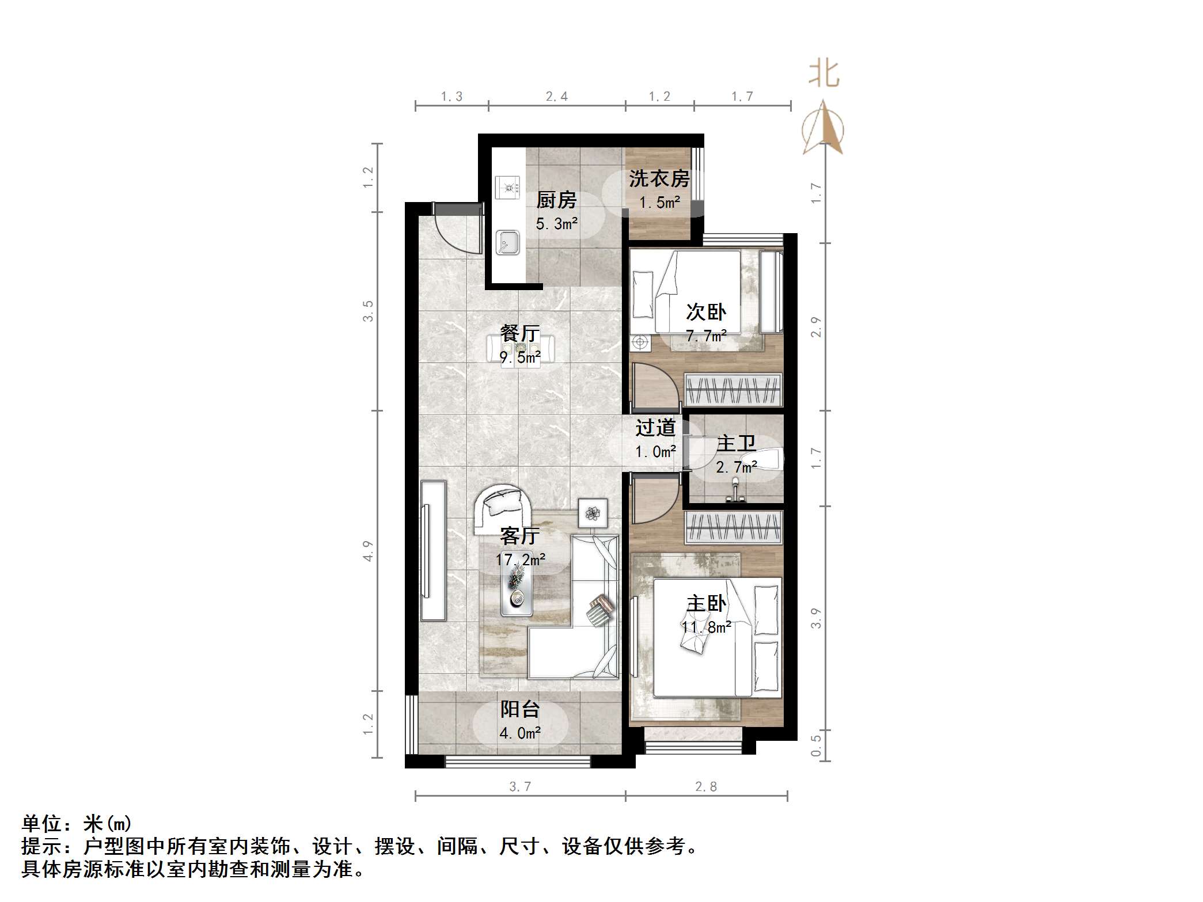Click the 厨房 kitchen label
556,200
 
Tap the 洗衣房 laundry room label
659,178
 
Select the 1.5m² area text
659,203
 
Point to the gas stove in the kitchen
507,187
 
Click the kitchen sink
507,242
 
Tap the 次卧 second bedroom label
706,312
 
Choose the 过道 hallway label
655,428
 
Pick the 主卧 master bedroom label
706,603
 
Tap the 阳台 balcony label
519,709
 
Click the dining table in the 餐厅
521,348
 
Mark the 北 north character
824,74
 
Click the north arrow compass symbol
823,129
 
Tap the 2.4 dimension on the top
557,96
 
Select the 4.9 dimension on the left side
368,551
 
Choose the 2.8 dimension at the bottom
706,786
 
